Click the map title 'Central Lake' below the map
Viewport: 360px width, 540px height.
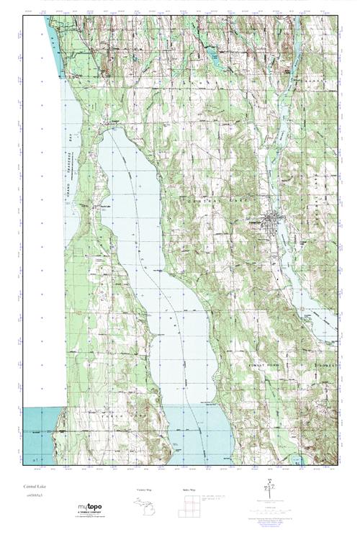point(34,487)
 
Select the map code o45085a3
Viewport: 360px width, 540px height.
point(34,496)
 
